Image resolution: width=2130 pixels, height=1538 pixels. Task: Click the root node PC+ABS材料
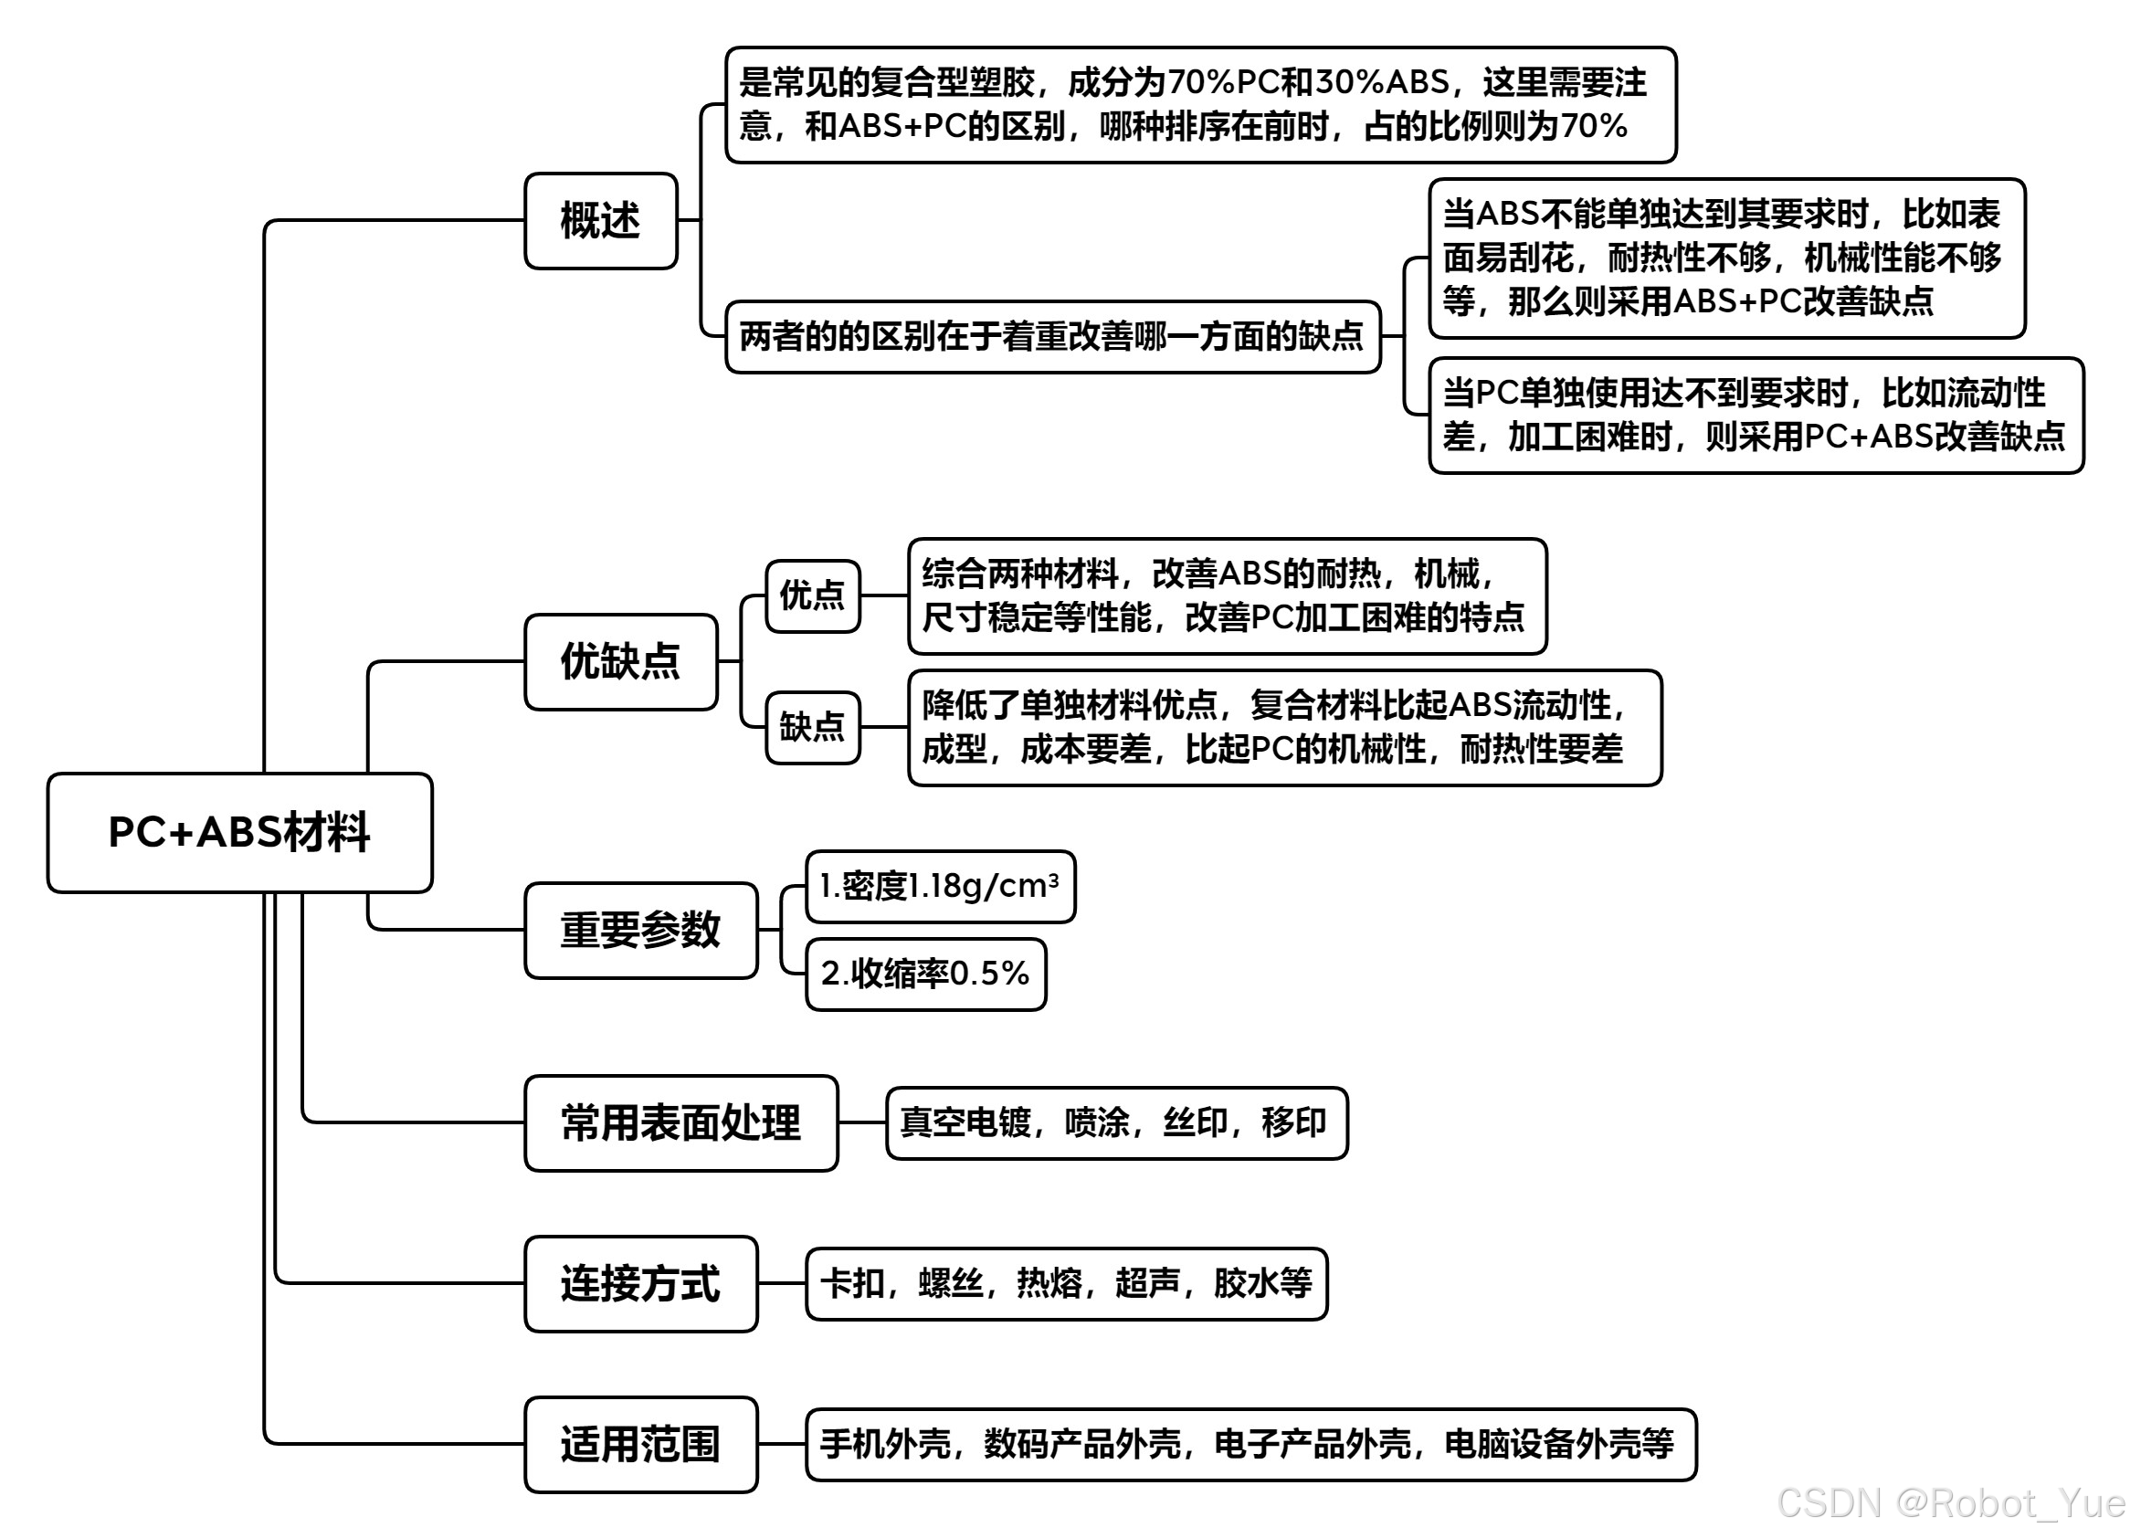[x=239, y=833]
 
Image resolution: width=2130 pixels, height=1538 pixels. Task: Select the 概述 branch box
[x=600, y=221]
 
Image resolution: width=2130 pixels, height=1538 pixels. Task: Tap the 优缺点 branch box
[x=620, y=661]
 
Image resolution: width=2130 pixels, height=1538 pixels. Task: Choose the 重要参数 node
[x=640, y=930]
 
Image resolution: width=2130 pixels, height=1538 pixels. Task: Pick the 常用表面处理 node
[x=680, y=1123]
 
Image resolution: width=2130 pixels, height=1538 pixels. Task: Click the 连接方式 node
[x=640, y=1283]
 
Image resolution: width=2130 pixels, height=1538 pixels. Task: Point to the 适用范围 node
[x=640, y=1444]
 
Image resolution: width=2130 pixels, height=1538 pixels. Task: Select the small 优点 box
[x=812, y=595]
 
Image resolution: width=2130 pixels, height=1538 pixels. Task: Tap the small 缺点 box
[x=812, y=727]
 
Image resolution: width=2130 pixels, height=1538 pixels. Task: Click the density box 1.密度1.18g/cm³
[x=939, y=887]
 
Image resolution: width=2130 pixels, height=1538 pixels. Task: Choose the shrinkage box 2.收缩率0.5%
[x=925, y=974]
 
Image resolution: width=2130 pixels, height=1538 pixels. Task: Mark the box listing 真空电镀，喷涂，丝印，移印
[x=1116, y=1123]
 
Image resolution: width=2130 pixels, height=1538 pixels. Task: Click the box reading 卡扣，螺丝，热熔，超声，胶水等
[x=1066, y=1283]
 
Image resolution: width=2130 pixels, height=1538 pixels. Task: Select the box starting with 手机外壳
[x=1250, y=1444]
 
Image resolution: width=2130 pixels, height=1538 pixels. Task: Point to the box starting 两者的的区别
[x=1052, y=336]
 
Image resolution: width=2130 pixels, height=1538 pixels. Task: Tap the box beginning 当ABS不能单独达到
[x=1725, y=258]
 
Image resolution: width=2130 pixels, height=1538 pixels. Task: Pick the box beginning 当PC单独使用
[x=1755, y=415]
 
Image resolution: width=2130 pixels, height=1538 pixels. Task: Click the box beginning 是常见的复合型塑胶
[x=1199, y=104]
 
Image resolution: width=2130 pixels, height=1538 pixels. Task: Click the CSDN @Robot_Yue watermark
[x=1950, y=1503]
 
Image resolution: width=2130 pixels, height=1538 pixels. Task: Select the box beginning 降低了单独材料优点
[x=1284, y=728]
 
